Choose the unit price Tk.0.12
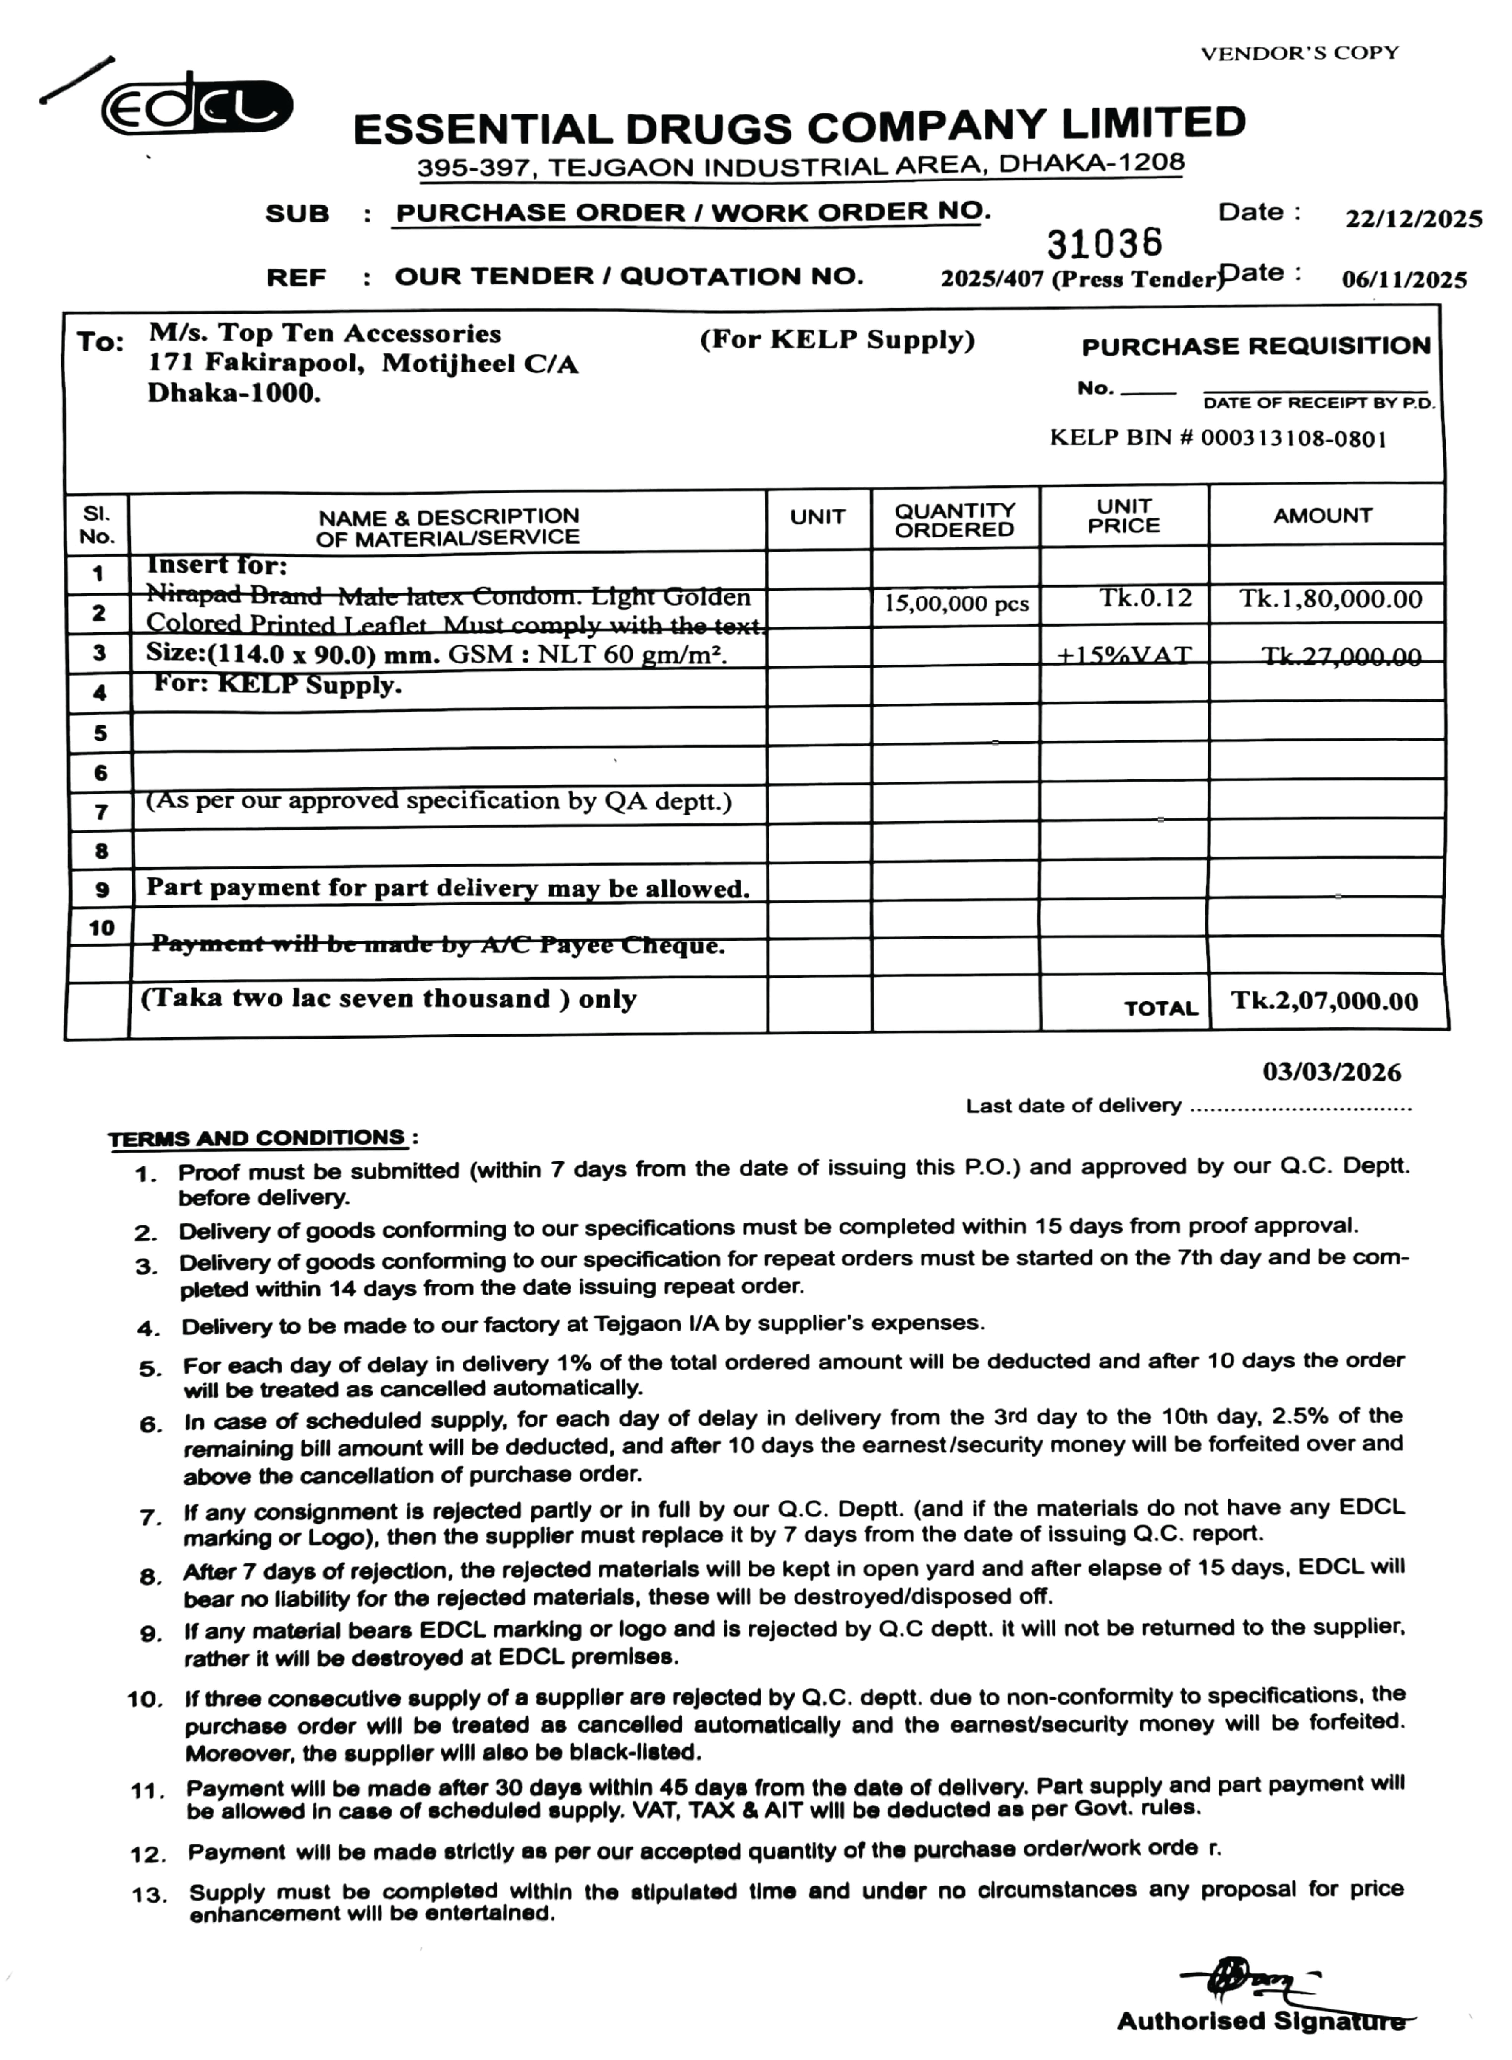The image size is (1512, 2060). (1146, 599)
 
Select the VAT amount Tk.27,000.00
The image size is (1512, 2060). (1341, 657)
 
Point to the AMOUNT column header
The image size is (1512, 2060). (1322, 516)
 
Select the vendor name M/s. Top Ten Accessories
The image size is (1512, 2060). (325, 334)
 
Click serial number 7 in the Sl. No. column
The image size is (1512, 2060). (101, 812)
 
